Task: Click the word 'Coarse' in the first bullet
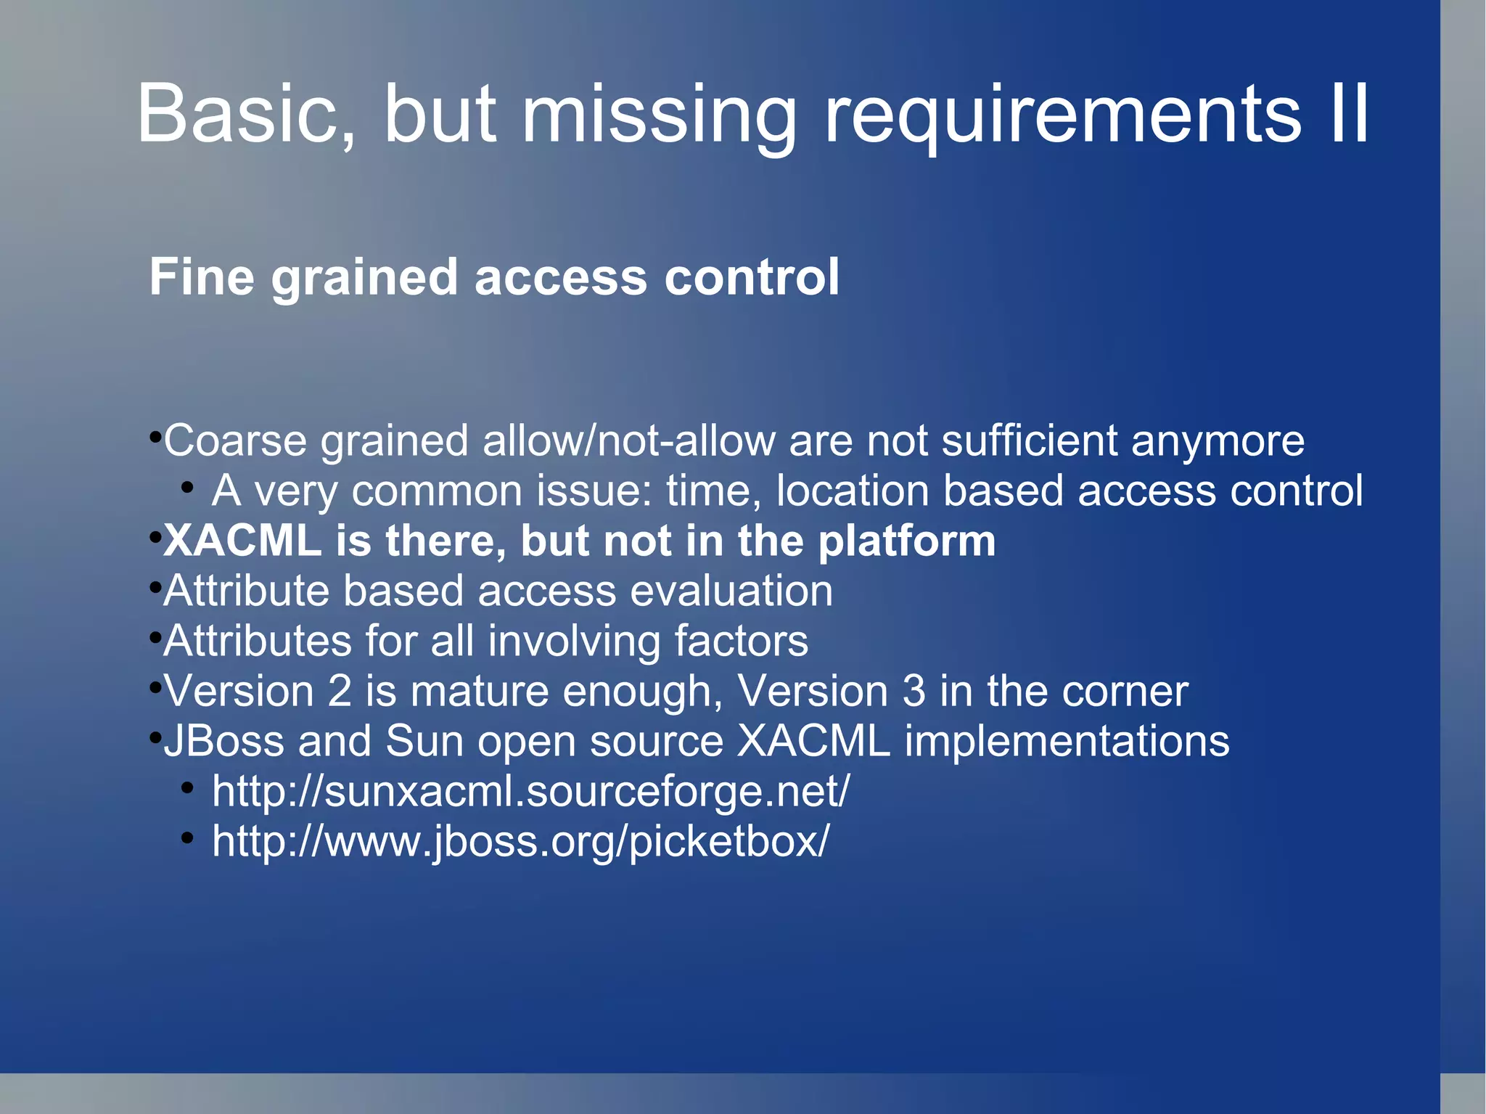(235, 441)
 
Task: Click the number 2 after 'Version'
(339, 691)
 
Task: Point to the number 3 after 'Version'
(914, 691)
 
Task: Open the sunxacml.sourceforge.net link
(530, 791)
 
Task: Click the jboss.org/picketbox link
(520, 842)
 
